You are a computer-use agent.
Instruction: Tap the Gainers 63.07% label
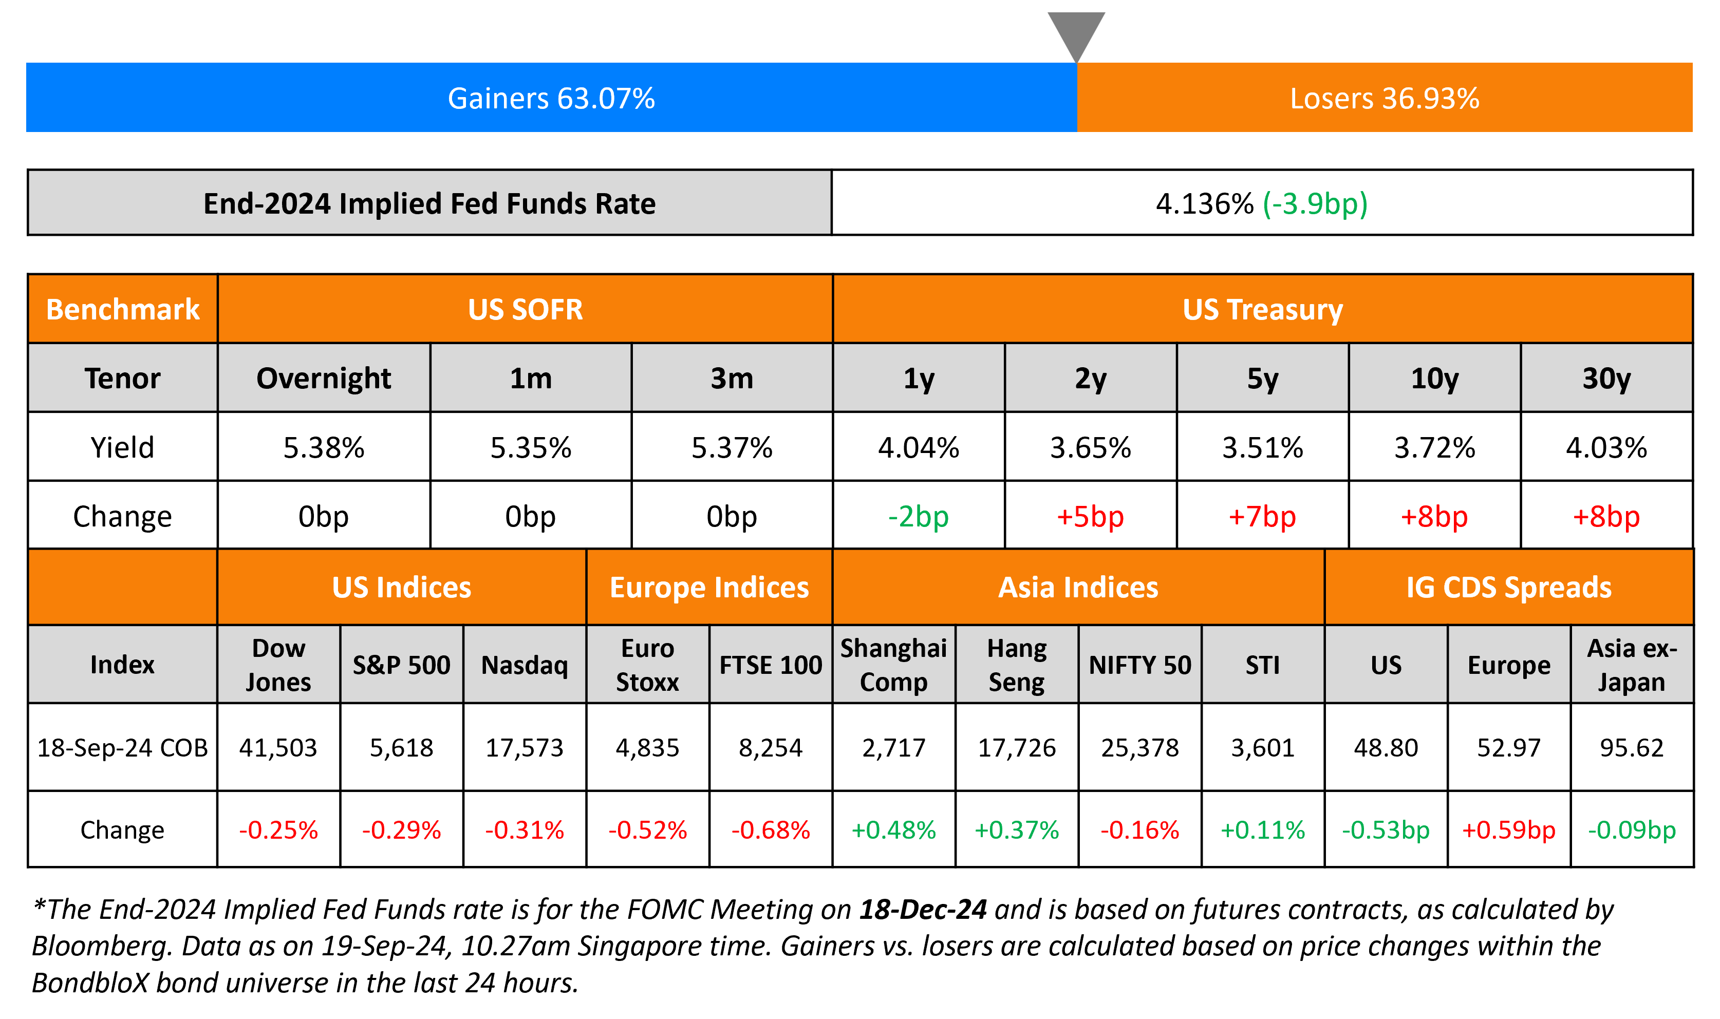[x=551, y=98]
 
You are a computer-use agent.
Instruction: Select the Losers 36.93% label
[x=1384, y=98]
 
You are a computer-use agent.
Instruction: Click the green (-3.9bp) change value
[x=1315, y=203]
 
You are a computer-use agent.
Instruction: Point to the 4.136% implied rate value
[x=1204, y=203]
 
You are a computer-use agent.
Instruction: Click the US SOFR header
[x=525, y=309]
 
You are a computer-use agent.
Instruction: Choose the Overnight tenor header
[x=324, y=379]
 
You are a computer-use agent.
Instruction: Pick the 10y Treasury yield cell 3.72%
[x=1434, y=448]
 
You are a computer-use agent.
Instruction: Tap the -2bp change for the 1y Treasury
[x=918, y=516]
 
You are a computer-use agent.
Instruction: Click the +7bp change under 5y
[x=1262, y=516]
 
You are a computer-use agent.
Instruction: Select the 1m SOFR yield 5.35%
[x=531, y=448]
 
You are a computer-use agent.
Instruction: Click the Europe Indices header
[x=709, y=587]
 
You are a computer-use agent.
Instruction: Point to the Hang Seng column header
[x=1016, y=665]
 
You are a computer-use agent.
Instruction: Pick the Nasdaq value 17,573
[x=525, y=747]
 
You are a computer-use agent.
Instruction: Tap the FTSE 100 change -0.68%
[x=771, y=829]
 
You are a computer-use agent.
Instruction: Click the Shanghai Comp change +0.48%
[x=893, y=829]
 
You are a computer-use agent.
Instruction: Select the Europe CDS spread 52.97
[x=1508, y=747]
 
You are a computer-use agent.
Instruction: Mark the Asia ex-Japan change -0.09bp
[x=1632, y=829]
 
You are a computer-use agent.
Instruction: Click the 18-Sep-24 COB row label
[x=122, y=747]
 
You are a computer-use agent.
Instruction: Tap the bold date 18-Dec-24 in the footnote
[x=923, y=909]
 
